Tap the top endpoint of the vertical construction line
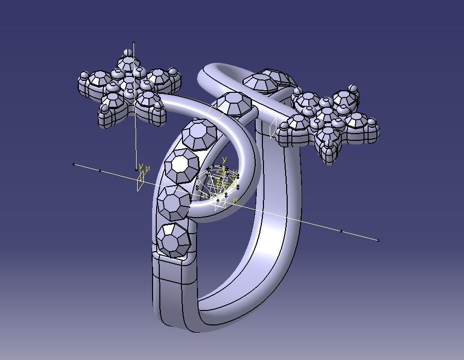[x=134, y=43]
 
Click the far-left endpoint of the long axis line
[x=74, y=165]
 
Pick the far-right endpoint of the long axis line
[x=378, y=240]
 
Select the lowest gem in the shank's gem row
[x=173, y=239]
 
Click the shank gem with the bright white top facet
[x=181, y=165]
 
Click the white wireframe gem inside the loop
[x=219, y=183]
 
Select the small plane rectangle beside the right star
[x=272, y=128]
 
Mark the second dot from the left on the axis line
[x=101, y=171]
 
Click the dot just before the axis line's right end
[x=341, y=232]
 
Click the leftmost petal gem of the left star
[x=89, y=83]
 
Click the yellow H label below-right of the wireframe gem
[x=236, y=200]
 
